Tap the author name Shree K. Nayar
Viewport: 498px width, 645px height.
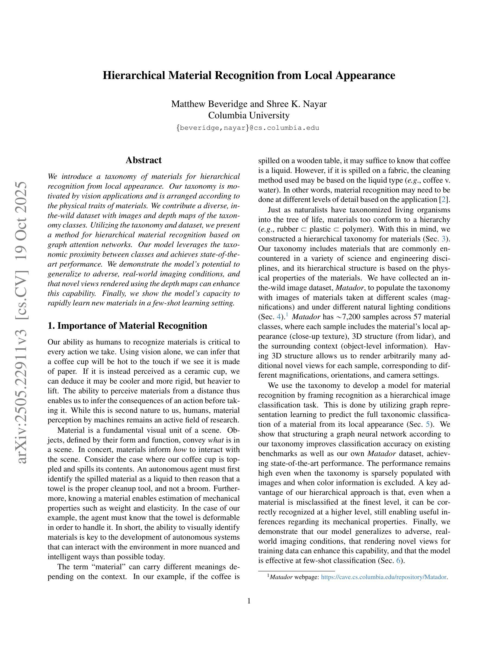coord(296,104)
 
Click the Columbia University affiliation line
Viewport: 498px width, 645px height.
coord(249,115)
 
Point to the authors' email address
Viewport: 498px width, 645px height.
coord(248,128)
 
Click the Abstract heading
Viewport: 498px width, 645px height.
coord(143,160)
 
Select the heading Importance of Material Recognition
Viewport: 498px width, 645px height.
coord(132,326)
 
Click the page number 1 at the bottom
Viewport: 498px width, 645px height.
coord(249,601)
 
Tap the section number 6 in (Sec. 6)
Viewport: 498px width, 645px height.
coord(398,561)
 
